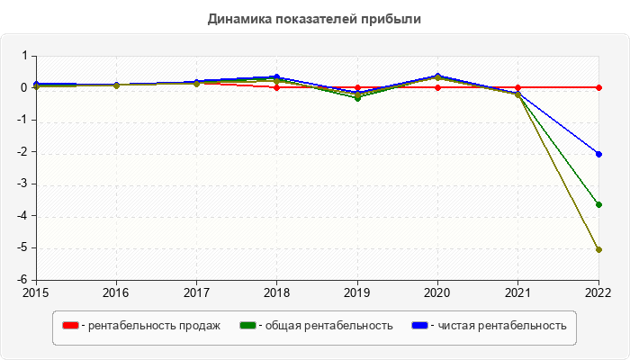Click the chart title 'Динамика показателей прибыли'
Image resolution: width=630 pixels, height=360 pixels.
click(314, 18)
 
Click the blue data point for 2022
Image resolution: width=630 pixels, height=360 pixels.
click(598, 154)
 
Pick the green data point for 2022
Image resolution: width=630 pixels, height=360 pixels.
click(598, 204)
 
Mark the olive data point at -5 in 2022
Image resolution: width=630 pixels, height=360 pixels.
click(598, 249)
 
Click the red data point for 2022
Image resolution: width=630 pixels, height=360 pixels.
click(598, 87)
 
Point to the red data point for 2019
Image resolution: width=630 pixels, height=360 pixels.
click(357, 87)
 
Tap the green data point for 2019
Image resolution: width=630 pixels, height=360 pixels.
click(357, 97)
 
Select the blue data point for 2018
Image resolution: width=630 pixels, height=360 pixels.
click(276, 77)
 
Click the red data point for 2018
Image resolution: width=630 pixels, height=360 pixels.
click(276, 87)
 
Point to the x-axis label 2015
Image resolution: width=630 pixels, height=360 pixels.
click(36, 292)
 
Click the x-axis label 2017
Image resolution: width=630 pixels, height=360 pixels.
click(196, 292)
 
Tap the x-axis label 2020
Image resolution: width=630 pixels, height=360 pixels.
click(437, 292)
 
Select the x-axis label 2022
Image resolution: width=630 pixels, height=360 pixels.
click(598, 292)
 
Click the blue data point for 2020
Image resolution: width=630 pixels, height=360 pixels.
click(437, 76)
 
